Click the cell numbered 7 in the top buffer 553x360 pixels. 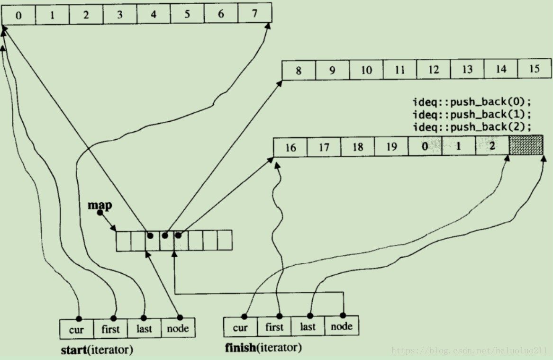255,14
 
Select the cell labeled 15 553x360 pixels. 535,69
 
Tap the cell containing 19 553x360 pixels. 391,147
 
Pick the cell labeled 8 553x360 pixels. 299,71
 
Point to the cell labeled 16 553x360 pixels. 290,147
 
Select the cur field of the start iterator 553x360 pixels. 76,329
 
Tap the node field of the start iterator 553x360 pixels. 178,328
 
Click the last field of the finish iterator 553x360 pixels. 308,326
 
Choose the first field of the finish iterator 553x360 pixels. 274,327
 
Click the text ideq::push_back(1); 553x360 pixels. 472,115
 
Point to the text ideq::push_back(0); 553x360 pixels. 472,102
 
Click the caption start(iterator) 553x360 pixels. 97,351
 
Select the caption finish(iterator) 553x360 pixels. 263,348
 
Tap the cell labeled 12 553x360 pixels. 434,70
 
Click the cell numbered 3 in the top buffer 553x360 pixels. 119,15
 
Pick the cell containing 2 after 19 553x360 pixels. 492,146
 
